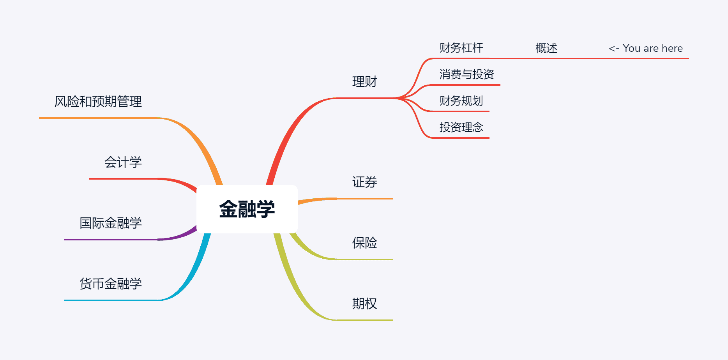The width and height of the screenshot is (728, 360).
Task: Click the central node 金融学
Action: click(247, 209)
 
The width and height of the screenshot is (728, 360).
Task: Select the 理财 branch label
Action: click(364, 82)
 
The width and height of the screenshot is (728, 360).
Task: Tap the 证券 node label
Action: click(364, 182)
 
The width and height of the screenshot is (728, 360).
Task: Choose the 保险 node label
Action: click(364, 243)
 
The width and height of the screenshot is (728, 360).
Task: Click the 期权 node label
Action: click(364, 304)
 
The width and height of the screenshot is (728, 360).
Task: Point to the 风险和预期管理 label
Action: click(98, 102)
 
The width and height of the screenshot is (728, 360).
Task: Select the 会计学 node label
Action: click(123, 162)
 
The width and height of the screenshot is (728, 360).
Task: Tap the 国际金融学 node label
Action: click(110, 223)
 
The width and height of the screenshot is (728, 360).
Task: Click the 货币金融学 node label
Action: click(110, 284)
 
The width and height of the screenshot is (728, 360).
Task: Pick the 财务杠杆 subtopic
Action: click(461, 48)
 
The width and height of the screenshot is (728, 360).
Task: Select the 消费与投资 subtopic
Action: click(466, 74)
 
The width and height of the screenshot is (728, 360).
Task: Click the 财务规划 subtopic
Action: click(461, 101)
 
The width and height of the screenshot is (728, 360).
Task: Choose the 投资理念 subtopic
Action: click(461, 127)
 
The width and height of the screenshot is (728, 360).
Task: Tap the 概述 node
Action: click(546, 48)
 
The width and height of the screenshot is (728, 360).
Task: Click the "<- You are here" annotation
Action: click(645, 48)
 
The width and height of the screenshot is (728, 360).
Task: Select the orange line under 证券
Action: click(364, 199)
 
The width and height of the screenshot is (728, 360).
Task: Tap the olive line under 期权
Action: click(364, 320)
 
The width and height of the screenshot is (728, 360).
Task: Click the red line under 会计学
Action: click(123, 179)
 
